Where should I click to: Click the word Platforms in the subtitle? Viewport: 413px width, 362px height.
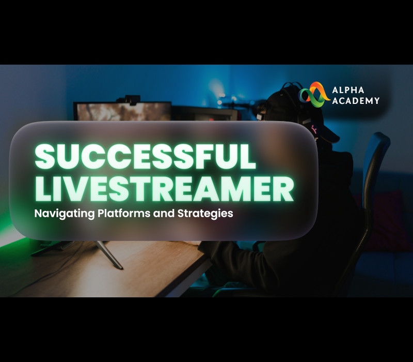(x=125, y=213)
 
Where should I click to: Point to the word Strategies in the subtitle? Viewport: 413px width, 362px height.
(x=205, y=213)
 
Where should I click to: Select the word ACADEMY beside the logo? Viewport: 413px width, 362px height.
(x=356, y=100)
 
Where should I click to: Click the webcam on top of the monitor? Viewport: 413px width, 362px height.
(x=133, y=98)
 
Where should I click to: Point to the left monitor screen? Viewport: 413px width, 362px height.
(x=123, y=112)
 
